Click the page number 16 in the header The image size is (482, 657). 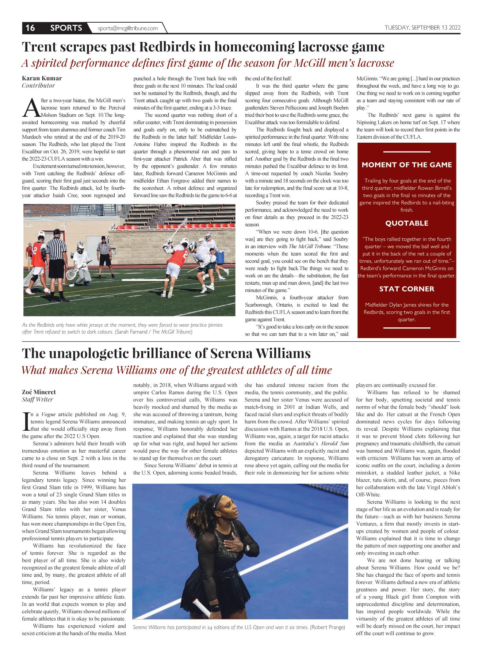pyautogui.click(x=30, y=28)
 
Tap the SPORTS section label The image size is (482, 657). pyautogui.click(x=66, y=28)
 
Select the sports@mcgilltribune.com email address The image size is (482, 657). pyautogui.click(x=128, y=28)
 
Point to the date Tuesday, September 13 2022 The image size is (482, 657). pyautogui.click(x=422, y=28)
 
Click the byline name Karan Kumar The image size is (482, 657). pyautogui.click(x=42, y=78)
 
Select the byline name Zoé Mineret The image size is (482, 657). pyautogui.click(x=39, y=392)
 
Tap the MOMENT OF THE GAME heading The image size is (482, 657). pyautogui.click(x=407, y=165)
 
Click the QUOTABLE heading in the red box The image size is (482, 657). pyautogui.click(x=407, y=223)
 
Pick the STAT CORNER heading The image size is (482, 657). pyautogui.click(x=407, y=289)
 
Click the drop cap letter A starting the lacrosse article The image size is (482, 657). pyautogui.click(x=31, y=107)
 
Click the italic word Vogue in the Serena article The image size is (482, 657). pyautogui.click(x=48, y=414)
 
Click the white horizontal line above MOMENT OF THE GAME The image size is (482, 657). pyautogui.click(x=407, y=152)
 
